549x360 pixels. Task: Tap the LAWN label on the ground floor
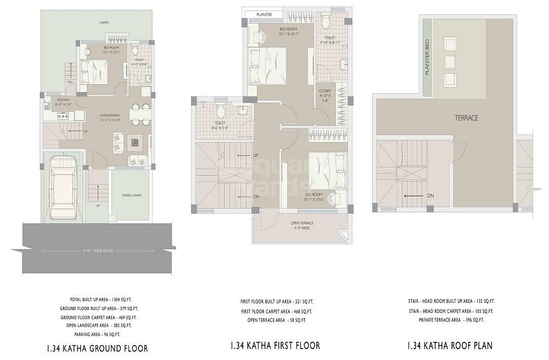point(103,23)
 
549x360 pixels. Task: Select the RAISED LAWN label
point(130,195)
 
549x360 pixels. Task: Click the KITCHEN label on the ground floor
point(63,100)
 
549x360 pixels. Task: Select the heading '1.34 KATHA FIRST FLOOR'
point(275,346)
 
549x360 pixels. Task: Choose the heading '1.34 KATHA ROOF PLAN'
point(450,346)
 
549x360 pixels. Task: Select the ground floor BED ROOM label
point(111,48)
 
